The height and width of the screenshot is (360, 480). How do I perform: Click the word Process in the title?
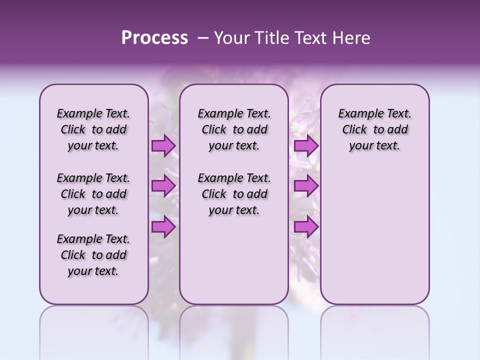click(x=154, y=38)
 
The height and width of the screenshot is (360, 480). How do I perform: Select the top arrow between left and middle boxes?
click(x=163, y=146)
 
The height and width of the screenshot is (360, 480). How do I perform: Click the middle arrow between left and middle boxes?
click(x=163, y=186)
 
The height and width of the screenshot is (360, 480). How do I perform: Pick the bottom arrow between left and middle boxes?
click(x=163, y=227)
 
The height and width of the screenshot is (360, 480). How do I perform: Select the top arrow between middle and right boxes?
click(x=306, y=146)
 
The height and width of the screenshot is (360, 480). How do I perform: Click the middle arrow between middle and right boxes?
click(x=306, y=186)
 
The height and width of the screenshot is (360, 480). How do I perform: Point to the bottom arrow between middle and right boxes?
click(x=306, y=227)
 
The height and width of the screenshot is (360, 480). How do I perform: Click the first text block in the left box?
click(x=93, y=129)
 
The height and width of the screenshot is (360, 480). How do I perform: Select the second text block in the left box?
click(x=93, y=194)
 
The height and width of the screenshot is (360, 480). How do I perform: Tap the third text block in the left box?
click(x=93, y=255)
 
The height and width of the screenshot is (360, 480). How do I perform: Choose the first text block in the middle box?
click(x=234, y=129)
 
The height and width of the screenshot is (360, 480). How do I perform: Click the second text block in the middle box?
click(x=234, y=194)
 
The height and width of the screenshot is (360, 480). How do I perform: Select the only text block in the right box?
click(x=374, y=129)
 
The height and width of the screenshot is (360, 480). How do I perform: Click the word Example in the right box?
click(x=357, y=114)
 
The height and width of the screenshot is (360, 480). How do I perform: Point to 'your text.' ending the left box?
click(x=93, y=271)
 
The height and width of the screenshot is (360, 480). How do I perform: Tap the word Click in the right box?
click(x=354, y=130)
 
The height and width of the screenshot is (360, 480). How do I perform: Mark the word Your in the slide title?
click(x=230, y=38)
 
